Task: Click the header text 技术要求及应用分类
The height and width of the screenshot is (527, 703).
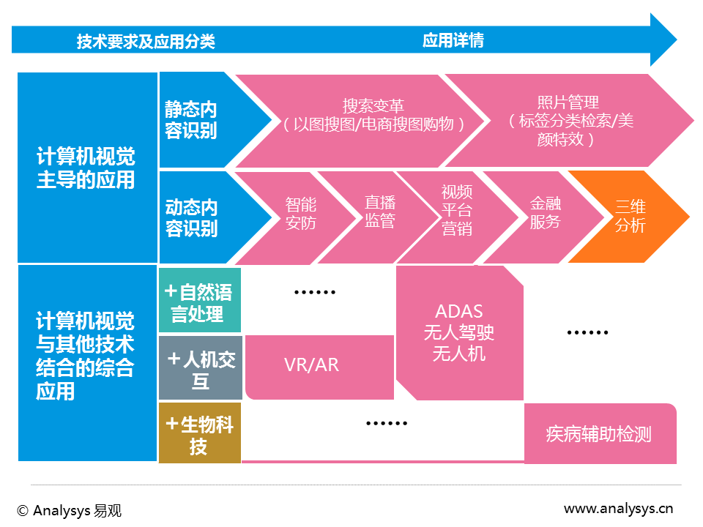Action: pos(146,42)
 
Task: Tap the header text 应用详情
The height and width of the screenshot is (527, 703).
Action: pos(453,40)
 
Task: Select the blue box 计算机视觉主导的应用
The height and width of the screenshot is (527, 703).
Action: pos(87,168)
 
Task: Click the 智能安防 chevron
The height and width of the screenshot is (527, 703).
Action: pos(300,218)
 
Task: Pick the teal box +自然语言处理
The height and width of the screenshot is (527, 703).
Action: pos(200,300)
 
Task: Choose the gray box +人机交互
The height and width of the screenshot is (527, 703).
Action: pos(201,367)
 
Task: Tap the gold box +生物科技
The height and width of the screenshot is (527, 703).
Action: pos(200,433)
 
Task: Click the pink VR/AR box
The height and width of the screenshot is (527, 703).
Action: pos(320,367)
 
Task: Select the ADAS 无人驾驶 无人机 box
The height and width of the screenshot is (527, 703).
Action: pos(460,332)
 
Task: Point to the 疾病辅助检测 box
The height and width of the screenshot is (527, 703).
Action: pos(600,434)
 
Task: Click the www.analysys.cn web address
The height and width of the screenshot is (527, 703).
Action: pos(618,509)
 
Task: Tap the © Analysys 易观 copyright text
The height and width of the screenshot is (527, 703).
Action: pos(69,510)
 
